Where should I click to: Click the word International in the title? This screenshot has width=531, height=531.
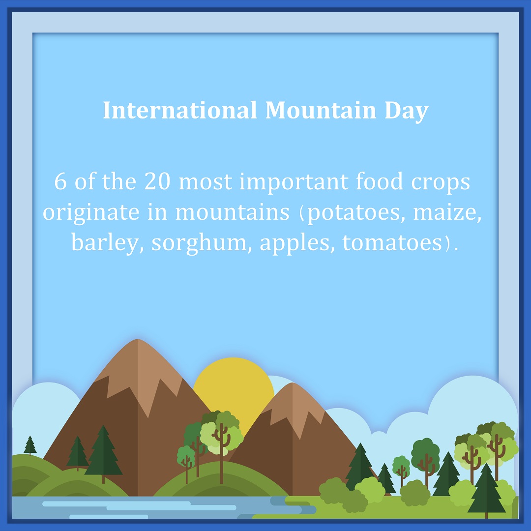(x=180, y=110)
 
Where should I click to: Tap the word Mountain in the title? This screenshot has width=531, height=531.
(x=321, y=110)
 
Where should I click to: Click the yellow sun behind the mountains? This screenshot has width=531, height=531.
(x=234, y=386)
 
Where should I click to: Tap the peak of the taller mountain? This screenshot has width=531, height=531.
(x=138, y=339)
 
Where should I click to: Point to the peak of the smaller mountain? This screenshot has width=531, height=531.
(x=292, y=383)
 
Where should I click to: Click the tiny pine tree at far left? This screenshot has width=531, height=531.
(x=30, y=445)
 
